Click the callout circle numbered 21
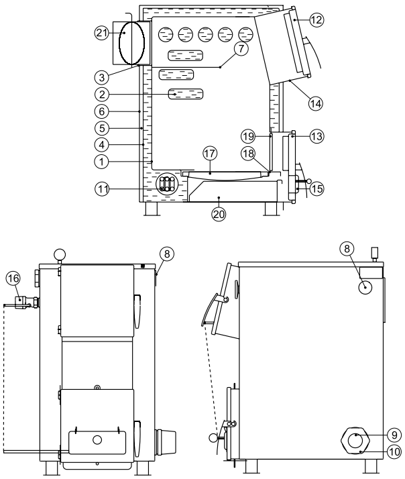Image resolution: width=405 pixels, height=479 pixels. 102,32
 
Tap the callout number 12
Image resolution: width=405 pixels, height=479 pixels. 316,20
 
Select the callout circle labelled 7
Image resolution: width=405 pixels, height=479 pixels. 241,48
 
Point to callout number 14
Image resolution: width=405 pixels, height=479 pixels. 316,103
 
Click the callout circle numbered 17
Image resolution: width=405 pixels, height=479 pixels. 210,154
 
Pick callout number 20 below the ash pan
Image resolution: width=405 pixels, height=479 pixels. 219,214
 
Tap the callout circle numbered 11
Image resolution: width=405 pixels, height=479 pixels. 102,189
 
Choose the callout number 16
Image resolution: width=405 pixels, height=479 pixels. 13,278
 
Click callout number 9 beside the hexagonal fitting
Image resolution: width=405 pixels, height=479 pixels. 394,435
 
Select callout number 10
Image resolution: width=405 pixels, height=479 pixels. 394,451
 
